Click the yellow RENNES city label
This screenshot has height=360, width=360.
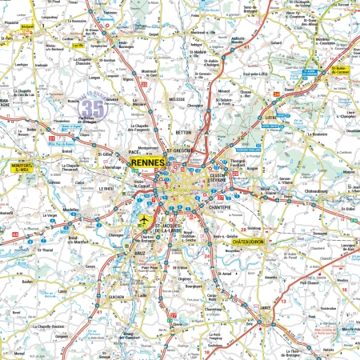tap(146, 162)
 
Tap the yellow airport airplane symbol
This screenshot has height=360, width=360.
tap(144, 219)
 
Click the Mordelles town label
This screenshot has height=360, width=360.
tap(70, 210)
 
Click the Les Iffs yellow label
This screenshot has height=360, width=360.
tap(78, 46)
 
